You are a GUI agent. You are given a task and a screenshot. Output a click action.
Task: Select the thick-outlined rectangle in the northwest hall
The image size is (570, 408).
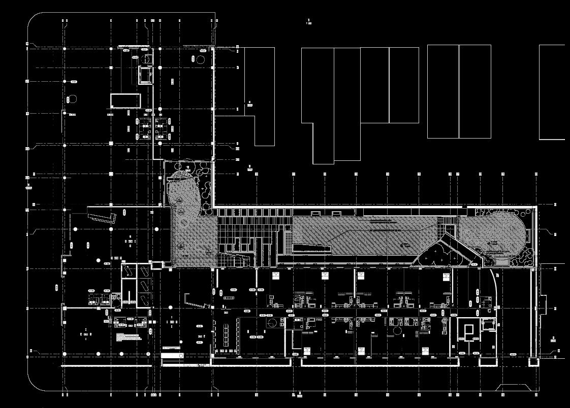tap(125, 100)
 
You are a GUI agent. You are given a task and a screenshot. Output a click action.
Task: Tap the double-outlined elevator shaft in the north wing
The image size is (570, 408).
tap(145, 75)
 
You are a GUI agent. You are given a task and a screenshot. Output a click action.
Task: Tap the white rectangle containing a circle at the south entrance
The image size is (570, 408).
tap(172, 356)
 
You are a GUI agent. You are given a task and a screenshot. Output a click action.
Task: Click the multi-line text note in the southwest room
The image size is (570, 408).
tap(128, 336)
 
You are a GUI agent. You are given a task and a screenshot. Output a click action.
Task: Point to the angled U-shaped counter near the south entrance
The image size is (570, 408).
tap(196, 300)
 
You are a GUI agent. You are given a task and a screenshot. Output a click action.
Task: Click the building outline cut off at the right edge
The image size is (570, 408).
tap(552, 92)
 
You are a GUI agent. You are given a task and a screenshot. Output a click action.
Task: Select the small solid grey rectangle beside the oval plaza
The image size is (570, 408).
tap(502, 260)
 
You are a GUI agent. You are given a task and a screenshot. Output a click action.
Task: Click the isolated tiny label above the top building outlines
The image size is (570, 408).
tap(308, 22)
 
